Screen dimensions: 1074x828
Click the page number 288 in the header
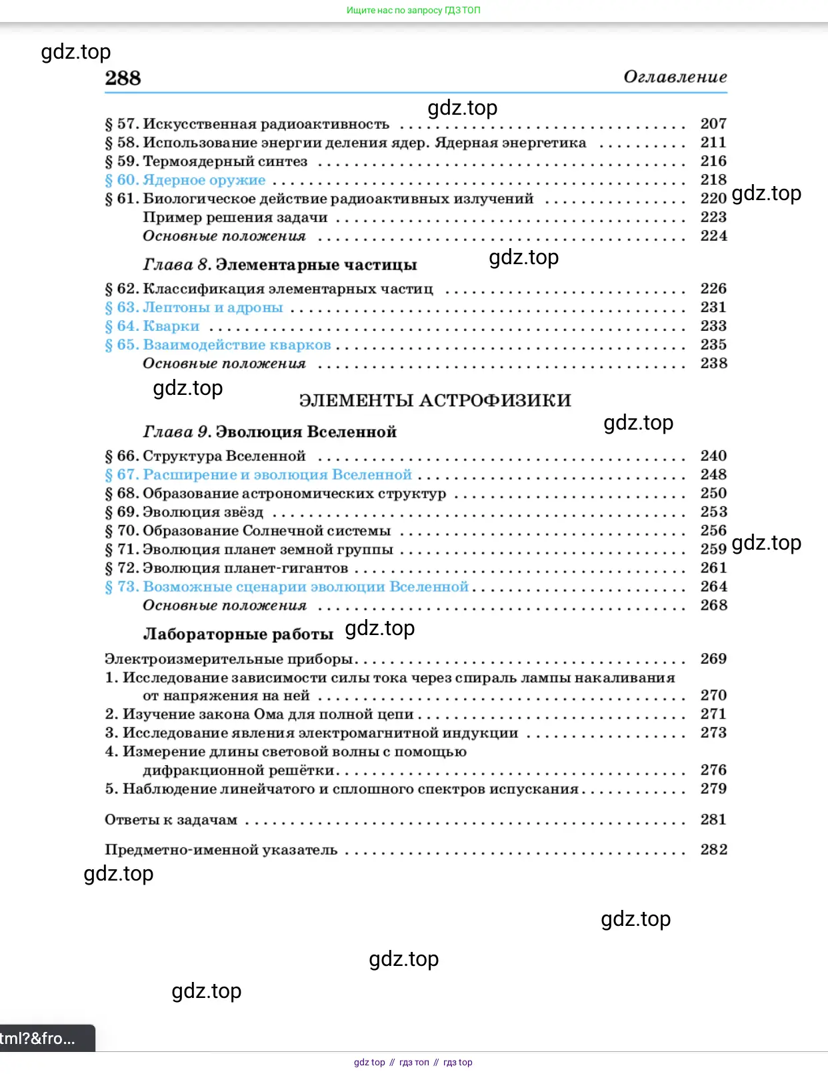[x=123, y=78]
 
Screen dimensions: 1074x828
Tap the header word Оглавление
[x=675, y=77]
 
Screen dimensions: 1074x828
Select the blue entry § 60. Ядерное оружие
[x=185, y=180]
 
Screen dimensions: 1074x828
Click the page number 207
[x=713, y=123]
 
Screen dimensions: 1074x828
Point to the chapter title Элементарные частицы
[x=316, y=265]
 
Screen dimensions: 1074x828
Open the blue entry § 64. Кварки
[x=153, y=326]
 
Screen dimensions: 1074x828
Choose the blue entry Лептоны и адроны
[x=212, y=308]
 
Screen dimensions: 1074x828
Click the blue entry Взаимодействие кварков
[x=237, y=345]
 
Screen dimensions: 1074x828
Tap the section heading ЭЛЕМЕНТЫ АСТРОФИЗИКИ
[x=435, y=400]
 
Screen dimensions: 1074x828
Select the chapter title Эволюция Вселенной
[x=306, y=432]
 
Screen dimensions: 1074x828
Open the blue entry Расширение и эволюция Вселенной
[x=277, y=474]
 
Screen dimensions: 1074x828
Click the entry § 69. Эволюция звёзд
[x=185, y=512]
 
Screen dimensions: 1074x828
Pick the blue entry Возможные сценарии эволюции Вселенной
[x=305, y=586]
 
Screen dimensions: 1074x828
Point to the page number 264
[x=713, y=586]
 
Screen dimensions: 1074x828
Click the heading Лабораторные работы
[x=238, y=634]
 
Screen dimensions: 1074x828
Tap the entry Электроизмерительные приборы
[x=229, y=659]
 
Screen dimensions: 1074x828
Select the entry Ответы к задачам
[x=171, y=820]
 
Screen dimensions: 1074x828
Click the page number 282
[x=713, y=849]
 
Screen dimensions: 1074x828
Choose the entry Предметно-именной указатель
[x=221, y=850]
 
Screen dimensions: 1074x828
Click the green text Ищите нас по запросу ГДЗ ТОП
[x=413, y=10]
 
